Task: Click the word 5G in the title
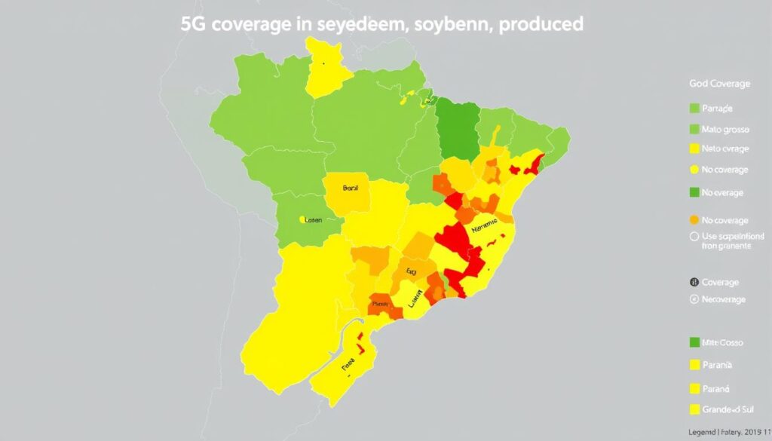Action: (195, 23)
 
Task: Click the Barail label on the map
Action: (351, 189)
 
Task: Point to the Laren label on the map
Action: (314, 219)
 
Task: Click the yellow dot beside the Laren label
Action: (302, 219)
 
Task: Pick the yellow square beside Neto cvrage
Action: (694, 149)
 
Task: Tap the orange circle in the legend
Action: (694, 220)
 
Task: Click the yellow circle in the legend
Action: (694, 170)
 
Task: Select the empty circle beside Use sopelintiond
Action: (694, 236)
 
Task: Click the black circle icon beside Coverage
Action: (694, 283)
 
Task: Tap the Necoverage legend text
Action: (724, 299)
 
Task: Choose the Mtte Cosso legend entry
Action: (722, 342)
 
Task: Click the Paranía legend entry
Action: (718, 365)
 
